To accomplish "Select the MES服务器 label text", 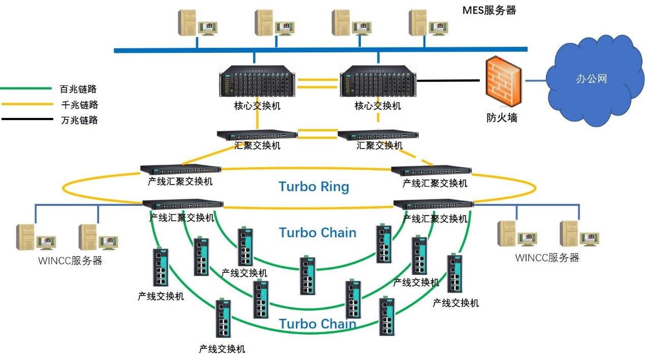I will pos(489,10).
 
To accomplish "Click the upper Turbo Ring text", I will pos(314,187).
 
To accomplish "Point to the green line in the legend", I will pos(26,89).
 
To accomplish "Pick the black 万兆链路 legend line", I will pos(26,120).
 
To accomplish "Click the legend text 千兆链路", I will pos(79,105).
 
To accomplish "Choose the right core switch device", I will pos(378,82).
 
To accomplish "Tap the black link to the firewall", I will pos(447,80).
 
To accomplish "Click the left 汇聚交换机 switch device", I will pos(257,134).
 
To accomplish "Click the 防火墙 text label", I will pos(502,117).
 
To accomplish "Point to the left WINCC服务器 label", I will pos(70,261).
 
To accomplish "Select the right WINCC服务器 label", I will pos(547,257).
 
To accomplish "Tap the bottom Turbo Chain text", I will pos(318,324).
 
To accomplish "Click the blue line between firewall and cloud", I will pos(535,80).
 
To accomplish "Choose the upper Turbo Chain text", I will pos(318,232).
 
